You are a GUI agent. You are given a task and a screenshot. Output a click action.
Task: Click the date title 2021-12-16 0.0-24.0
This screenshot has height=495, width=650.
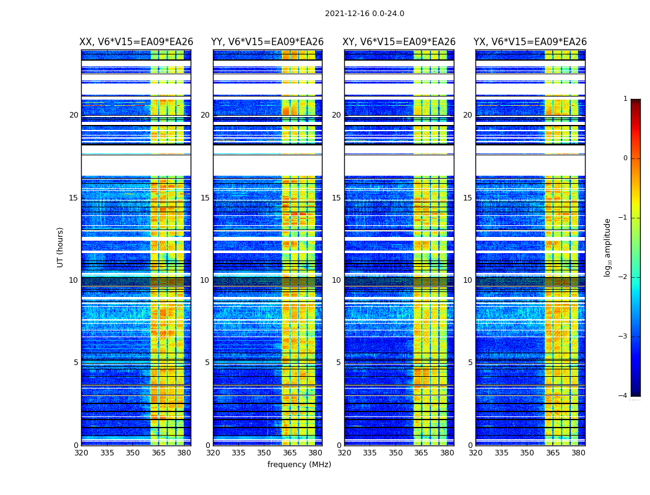(x=364, y=14)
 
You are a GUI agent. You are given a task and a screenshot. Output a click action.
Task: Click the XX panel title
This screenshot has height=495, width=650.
(x=136, y=42)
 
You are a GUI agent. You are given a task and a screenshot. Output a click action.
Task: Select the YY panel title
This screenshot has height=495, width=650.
(x=267, y=42)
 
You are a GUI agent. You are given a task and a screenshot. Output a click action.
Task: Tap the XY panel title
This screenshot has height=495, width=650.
(x=399, y=42)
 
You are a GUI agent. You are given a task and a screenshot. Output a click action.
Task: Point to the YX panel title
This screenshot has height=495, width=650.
(x=530, y=42)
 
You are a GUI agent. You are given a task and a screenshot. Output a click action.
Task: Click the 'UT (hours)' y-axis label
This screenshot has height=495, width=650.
(x=61, y=247)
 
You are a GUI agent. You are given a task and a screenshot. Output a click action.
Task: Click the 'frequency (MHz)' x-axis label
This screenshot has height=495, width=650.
(x=299, y=465)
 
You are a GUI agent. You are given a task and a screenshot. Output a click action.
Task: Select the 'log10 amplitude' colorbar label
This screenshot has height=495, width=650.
(x=608, y=247)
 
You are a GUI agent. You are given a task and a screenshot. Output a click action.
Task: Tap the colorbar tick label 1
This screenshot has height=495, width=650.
(x=625, y=99)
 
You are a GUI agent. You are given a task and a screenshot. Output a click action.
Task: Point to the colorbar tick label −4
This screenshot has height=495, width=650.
(x=623, y=396)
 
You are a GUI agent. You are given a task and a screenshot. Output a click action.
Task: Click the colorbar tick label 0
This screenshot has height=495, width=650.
(x=625, y=158)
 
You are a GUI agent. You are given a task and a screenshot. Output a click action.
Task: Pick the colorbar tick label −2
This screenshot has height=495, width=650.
(x=623, y=277)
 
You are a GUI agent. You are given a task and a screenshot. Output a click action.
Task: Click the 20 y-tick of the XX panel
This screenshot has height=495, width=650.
(x=74, y=115)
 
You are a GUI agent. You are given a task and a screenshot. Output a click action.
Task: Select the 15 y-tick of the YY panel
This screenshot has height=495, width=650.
(x=206, y=198)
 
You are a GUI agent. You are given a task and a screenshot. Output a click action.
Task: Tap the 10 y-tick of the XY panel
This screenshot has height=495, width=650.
(x=337, y=280)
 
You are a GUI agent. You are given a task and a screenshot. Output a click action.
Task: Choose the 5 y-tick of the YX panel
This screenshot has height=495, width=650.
(x=470, y=363)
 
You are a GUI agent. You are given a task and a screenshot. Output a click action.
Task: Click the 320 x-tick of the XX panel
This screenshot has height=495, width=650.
(x=81, y=453)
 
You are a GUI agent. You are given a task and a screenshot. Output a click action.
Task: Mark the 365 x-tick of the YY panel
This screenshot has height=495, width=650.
(x=282, y=453)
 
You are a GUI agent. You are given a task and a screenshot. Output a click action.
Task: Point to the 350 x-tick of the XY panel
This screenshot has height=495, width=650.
(x=396, y=453)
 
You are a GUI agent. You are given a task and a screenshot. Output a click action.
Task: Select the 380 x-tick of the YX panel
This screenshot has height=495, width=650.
(x=578, y=453)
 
